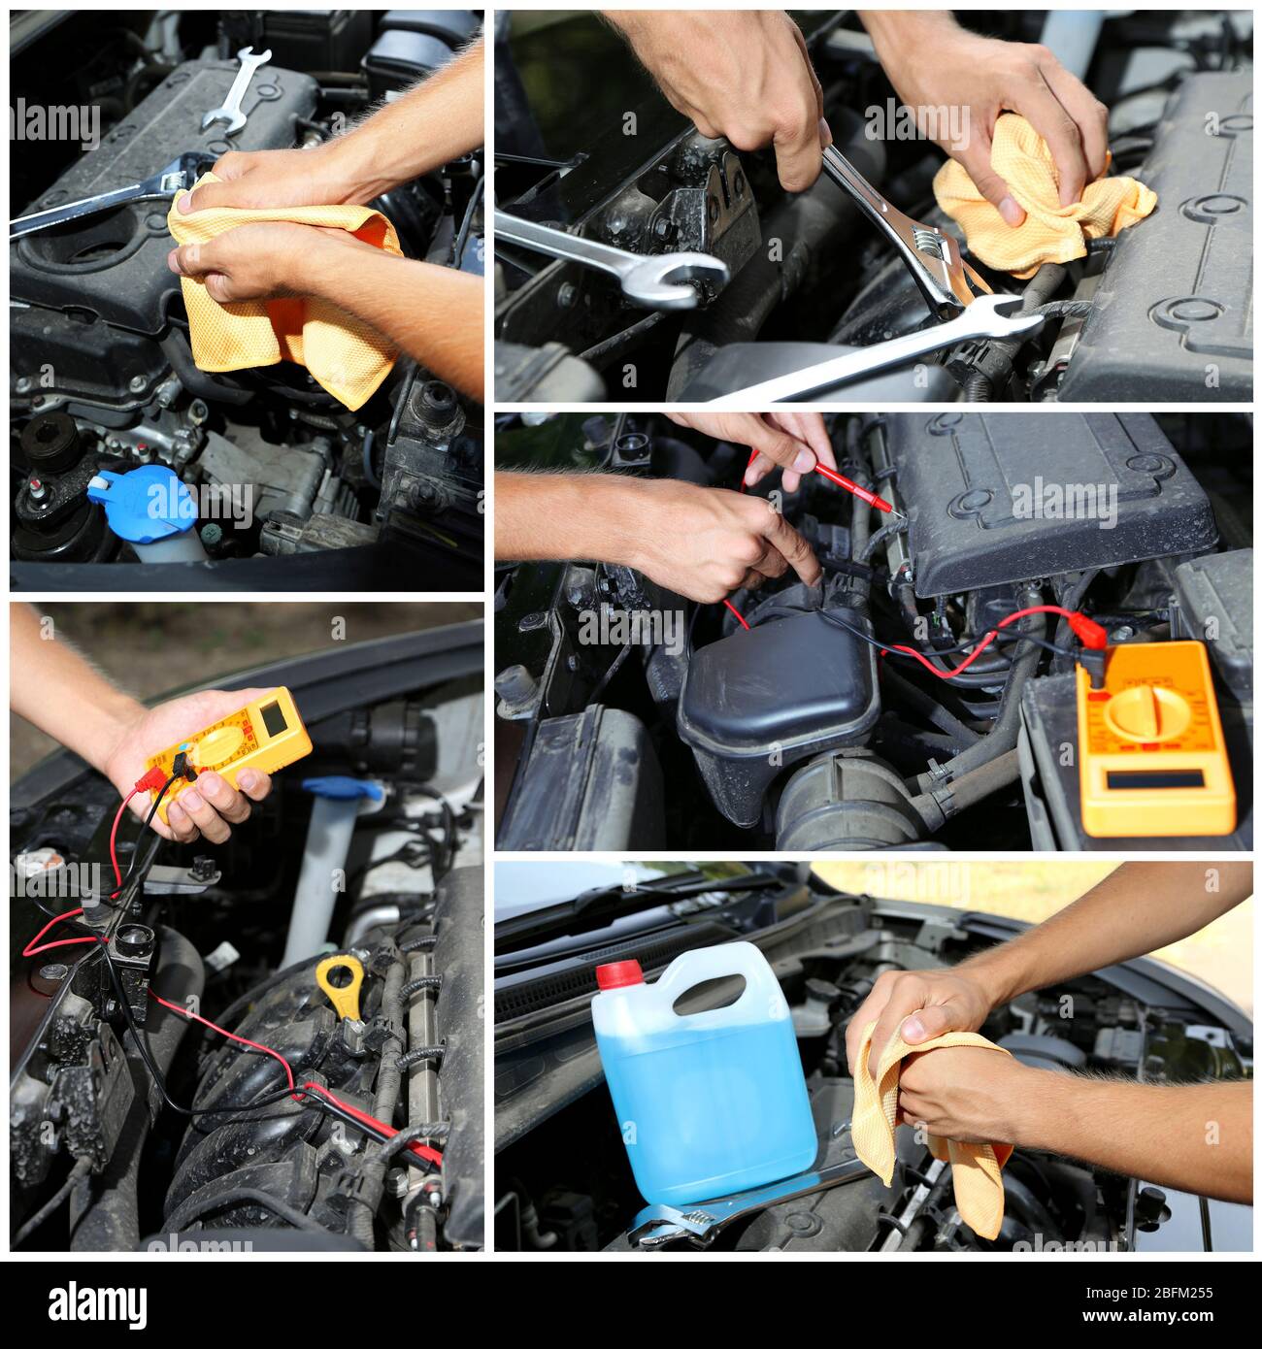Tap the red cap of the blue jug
click(618, 973)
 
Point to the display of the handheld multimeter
click(273, 715)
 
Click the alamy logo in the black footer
click(97, 1303)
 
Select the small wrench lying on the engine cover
click(236, 90)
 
